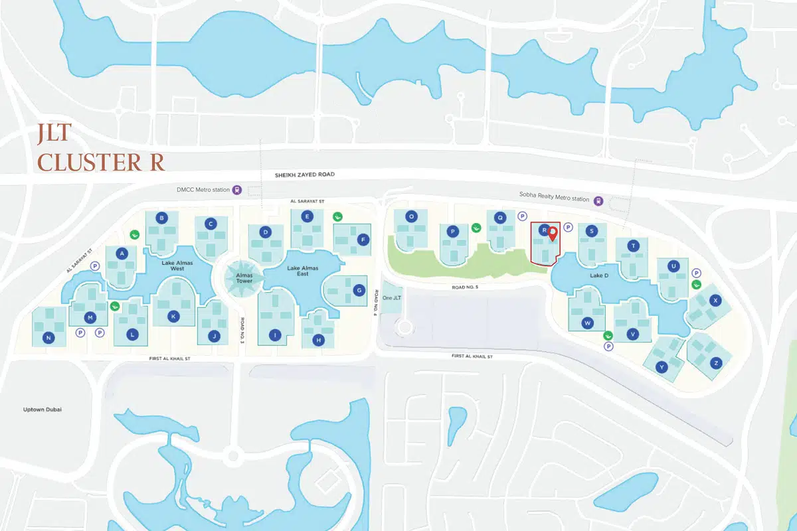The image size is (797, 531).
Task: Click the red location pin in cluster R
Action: (553, 233)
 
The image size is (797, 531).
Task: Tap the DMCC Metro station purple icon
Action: (236, 190)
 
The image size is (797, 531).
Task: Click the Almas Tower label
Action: (239, 277)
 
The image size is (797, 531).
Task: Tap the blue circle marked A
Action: (121, 253)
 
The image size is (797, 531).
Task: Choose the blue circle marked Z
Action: (715, 362)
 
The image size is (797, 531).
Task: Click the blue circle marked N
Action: (48, 338)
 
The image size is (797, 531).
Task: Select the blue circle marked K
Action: (173, 316)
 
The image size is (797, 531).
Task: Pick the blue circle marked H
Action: (319, 340)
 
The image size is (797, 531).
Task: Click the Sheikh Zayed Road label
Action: (305, 174)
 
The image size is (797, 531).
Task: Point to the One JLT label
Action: (392, 297)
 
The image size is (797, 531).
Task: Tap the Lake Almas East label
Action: (302, 271)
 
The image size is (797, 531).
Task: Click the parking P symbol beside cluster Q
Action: (522, 216)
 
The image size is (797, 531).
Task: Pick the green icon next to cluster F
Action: (337, 216)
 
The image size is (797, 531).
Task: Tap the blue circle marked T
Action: (634, 246)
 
